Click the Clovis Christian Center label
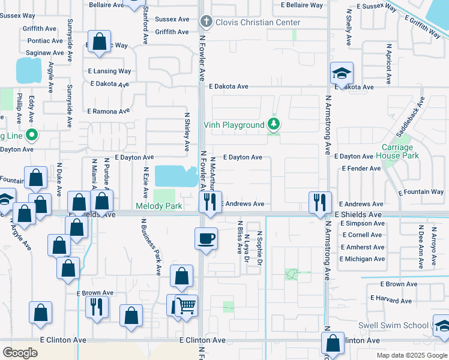(258, 23)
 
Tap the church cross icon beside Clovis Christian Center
(206, 23)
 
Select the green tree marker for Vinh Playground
(274, 124)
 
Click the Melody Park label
(158, 206)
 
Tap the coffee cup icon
(205, 238)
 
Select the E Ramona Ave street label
(109, 112)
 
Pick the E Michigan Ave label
(362, 259)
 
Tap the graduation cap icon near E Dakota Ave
(342, 73)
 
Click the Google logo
(20, 353)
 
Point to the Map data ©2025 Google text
(411, 355)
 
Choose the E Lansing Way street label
(109, 71)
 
